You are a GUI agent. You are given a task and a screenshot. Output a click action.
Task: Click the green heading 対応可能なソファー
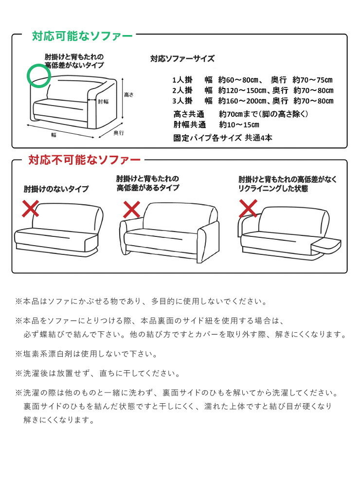point(82,36)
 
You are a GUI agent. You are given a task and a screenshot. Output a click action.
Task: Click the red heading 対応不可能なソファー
point(85,160)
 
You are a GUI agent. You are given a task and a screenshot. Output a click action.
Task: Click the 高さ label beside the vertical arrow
point(129,94)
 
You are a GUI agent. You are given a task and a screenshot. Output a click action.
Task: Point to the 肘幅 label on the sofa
point(103,101)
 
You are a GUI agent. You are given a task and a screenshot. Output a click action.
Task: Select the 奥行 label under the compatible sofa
point(119,133)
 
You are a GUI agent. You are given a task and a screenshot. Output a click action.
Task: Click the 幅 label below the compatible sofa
point(54,135)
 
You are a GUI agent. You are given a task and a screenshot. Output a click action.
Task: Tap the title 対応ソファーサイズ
point(182,58)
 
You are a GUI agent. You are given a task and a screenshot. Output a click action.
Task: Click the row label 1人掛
point(182,80)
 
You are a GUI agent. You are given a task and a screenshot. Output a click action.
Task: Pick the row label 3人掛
point(182,101)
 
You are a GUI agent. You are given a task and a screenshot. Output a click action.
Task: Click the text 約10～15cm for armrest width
point(239,125)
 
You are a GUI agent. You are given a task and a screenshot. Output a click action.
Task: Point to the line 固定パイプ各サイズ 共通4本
point(223,138)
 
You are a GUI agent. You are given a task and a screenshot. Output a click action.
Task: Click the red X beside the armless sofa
point(31,209)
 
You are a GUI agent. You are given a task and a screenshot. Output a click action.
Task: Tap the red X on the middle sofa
point(132,210)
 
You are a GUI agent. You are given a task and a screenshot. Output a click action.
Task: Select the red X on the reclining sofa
point(248,208)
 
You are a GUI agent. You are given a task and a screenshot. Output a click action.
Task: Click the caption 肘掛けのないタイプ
point(56,189)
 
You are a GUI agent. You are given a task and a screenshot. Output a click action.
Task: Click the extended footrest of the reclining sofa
point(326,246)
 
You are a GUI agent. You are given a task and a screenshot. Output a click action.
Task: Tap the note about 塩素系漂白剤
point(87,354)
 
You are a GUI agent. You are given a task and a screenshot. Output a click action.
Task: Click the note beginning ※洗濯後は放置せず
point(98,374)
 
